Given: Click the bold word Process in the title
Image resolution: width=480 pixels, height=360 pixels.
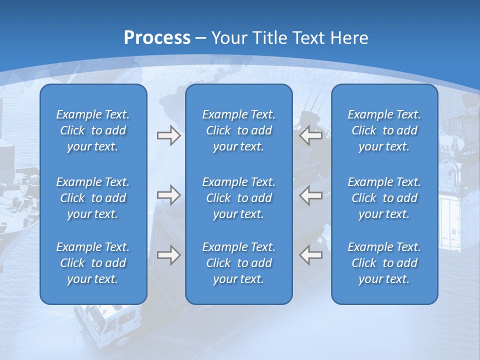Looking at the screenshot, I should (157, 38).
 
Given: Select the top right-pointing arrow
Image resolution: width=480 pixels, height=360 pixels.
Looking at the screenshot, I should (168, 136).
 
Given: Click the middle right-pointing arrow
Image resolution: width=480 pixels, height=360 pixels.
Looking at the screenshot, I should (168, 195).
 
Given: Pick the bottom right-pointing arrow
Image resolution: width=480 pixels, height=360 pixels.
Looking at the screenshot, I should (168, 254).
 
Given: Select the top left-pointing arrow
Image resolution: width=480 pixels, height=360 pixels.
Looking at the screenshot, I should (310, 136).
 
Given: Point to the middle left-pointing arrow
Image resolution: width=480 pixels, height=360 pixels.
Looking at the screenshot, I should (310, 195).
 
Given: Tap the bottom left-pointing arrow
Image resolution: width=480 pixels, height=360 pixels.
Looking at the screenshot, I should (310, 254).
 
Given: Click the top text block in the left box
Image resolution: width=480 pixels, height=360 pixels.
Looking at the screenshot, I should (93, 130).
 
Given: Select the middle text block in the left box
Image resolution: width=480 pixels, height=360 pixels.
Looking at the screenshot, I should (93, 198).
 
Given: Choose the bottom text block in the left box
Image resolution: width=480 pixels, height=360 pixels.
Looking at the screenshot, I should (93, 263).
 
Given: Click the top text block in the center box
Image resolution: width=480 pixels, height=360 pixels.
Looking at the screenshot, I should (238, 130).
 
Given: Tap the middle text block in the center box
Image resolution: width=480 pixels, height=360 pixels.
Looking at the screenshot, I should (238, 198).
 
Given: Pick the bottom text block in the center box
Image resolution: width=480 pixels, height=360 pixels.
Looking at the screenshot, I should (238, 263).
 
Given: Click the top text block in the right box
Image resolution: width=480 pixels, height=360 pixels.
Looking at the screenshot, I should (384, 130).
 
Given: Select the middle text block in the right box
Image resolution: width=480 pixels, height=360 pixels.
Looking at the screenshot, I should (384, 198).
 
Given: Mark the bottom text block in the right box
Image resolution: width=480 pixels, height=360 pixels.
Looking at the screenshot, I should (384, 263).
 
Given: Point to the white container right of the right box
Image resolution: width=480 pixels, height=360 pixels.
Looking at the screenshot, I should (452, 220).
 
